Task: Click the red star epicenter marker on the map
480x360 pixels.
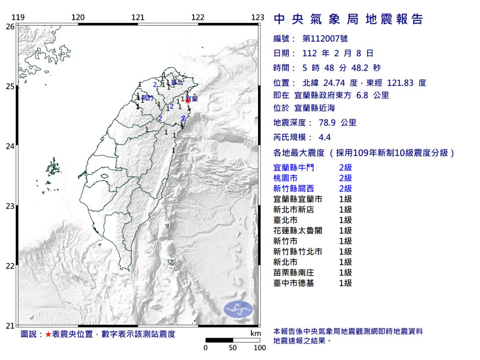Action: pos(188,100)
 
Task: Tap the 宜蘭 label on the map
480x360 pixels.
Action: pos(192,98)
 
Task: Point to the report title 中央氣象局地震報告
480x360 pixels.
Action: pos(348,19)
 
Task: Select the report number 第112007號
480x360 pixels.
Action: pos(325,38)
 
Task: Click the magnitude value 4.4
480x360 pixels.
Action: pos(325,137)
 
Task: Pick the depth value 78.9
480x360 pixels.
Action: pos(326,122)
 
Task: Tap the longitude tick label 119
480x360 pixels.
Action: pos(18,18)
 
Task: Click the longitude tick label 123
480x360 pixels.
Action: pos(258,18)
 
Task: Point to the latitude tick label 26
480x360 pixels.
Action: pos(10,26)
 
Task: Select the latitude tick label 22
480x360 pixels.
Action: pos(10,266)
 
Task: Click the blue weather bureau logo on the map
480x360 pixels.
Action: pos(238,310)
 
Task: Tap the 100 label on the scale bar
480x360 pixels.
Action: pos(260,348)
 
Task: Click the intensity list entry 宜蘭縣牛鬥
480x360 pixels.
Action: pos(294,168)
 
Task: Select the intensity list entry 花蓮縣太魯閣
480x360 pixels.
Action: pos(298,230)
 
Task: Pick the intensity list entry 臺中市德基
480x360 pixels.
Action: pos(294,283)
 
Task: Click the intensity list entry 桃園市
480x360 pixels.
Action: pos(286,178)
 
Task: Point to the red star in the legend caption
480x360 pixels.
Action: pos(48,334)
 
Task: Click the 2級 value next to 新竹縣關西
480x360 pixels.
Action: pos(345,188)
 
